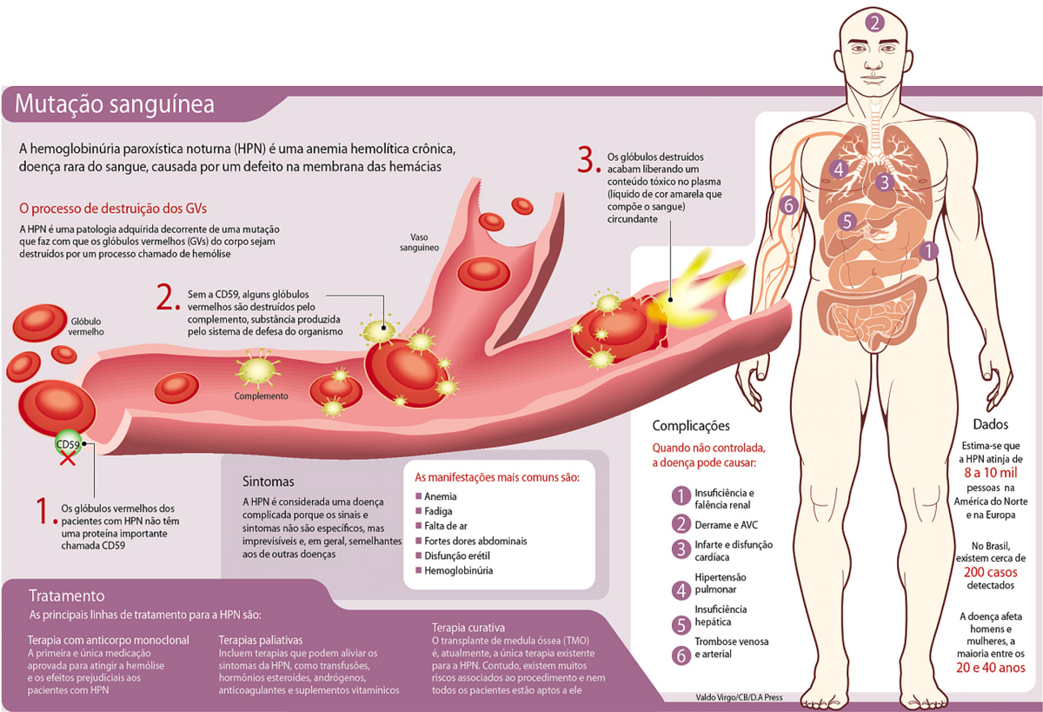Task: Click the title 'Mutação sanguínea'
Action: pyautogui.click(x=114, y=105)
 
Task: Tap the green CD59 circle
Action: pyautogui.click(x=69, y=444)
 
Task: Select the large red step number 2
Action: pyautogui.click(x=167, y=298)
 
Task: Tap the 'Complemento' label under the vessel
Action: pyautogui.click(x=261, y=396)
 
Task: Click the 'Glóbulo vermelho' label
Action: pyautogui.click(x=86, y=326)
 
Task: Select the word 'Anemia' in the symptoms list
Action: pyautogui.click(x=442, y=496)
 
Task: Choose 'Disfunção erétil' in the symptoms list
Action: pyautogui.click(x=462, y=556)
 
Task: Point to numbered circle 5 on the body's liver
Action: pyautogui.click(x=847, y=221)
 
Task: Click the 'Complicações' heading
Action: pyautogui.click(x=691, y=426)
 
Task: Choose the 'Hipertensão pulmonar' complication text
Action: pyautogui.click(x=721, y=583)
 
